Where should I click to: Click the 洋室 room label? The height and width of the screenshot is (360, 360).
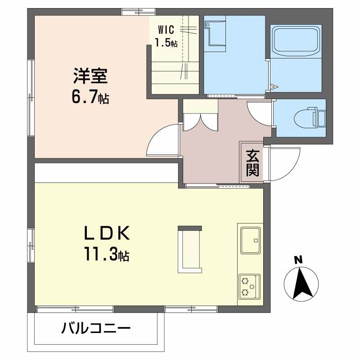pos(90,76)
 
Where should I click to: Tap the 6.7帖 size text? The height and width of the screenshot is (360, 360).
pos(90,97)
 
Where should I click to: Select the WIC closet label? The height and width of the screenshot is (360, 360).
pos(166,30)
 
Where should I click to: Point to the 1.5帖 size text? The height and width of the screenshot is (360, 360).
pos(166,43)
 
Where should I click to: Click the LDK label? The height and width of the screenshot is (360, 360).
pos(107,233)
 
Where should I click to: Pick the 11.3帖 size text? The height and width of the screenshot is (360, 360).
pos(107,254)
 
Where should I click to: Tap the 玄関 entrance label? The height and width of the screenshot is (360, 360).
pos(253,163)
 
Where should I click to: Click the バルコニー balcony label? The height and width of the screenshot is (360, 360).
pos(96,328)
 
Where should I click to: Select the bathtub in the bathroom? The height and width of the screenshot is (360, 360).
pos(296,41)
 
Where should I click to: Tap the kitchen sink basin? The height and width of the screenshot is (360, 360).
pos(251,240)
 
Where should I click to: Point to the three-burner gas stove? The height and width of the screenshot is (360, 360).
pos(249,287)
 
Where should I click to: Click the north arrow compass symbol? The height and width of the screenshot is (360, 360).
pos(301,284)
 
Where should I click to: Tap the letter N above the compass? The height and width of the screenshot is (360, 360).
pos(298,260)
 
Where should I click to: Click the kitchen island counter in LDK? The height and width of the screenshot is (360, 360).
pos(190,249)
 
